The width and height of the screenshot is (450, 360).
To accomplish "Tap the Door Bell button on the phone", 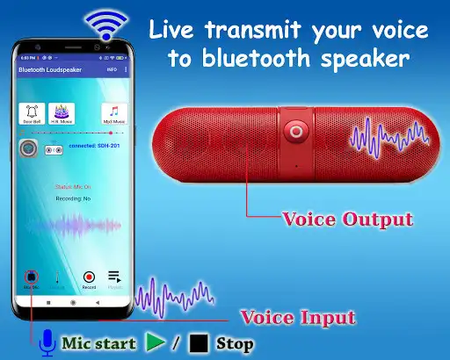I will point(32,113).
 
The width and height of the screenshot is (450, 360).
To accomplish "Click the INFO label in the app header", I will point(111,68).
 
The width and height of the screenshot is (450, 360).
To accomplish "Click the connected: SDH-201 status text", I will point(94,145).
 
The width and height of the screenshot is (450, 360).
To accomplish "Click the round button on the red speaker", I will point(295,132).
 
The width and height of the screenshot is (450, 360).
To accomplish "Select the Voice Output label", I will point(345,219).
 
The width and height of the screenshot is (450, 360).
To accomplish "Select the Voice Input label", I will point(297,317).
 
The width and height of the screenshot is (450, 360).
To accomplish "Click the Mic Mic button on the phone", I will point(33,279).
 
